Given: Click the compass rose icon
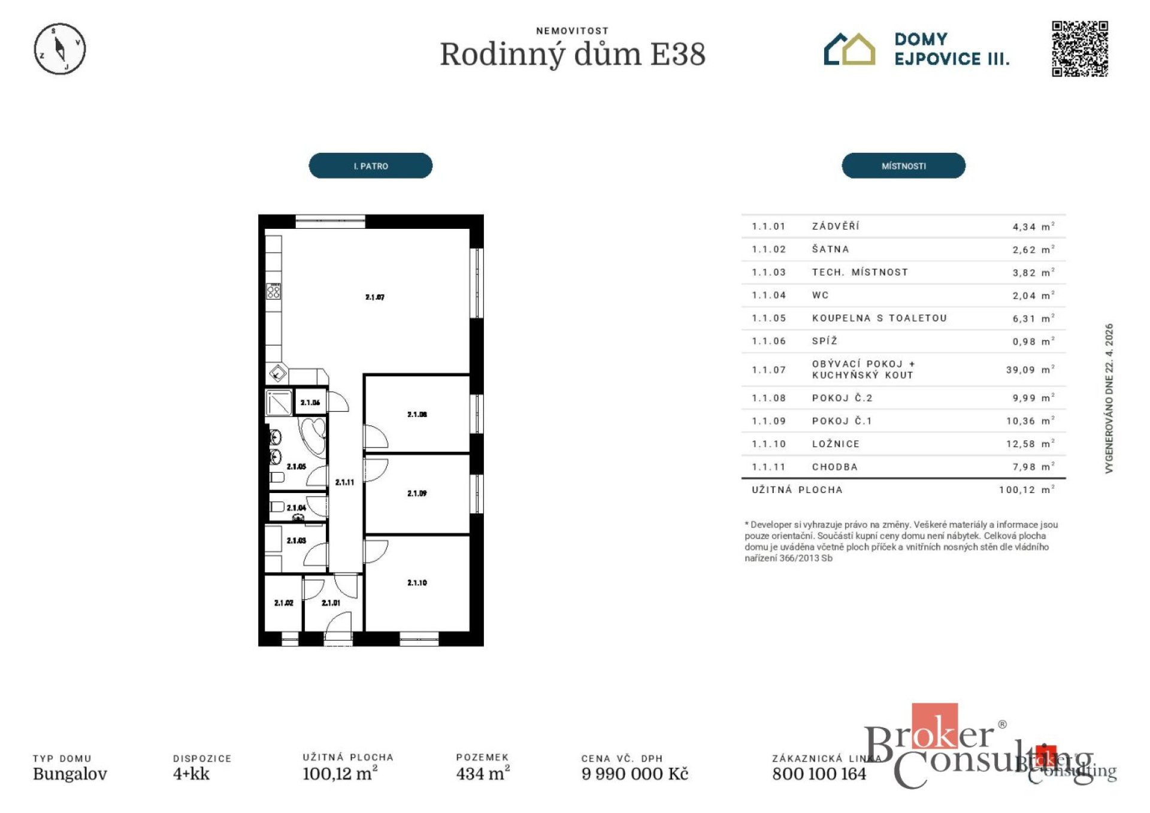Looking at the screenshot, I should coord(59,49).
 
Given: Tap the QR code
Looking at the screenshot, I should coord(1079,49).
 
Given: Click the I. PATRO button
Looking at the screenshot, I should coord(370,166).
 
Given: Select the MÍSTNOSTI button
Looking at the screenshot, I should coord(903,166).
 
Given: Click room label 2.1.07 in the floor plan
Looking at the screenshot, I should coord(375,297).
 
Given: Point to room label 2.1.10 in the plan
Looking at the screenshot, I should coord(417,582).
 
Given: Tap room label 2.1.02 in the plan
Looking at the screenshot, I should coord(283,603).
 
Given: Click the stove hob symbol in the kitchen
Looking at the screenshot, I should coord(274,292).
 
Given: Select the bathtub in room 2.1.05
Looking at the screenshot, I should coord(313,435).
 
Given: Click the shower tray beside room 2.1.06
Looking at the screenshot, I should coord(279,403).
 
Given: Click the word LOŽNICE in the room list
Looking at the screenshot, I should coord(836,444).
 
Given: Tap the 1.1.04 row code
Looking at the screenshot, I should coord(768,295).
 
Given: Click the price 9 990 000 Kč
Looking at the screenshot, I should coord(634,773).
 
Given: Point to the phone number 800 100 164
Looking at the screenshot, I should coord(819,773).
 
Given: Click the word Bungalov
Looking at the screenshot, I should coord(70,773).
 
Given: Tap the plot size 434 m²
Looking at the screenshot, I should coord(482,773).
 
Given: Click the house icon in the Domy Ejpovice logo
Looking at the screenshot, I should coord(849,49).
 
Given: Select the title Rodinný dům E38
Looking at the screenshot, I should coord(573,55).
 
